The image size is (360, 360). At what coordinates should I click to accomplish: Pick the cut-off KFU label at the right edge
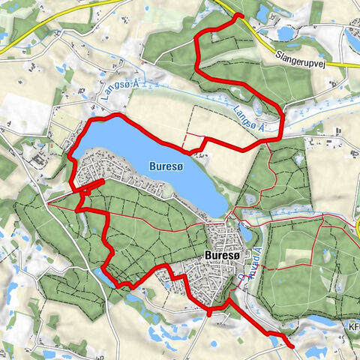(353, 328)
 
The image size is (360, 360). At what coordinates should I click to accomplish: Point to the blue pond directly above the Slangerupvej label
(286, 33)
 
